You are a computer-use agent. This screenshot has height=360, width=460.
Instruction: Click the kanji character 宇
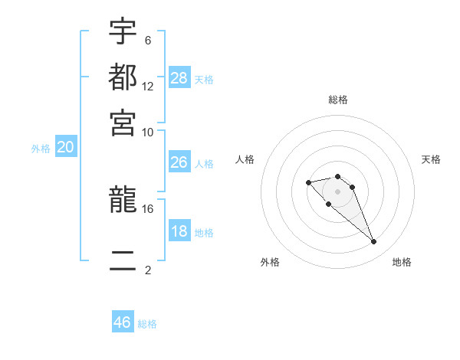(123, 34)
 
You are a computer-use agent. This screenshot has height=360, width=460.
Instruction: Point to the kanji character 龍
(123, 201)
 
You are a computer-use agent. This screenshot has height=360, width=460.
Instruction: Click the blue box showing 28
(179, 77)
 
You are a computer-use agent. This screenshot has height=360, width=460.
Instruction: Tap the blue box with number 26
(179, 162)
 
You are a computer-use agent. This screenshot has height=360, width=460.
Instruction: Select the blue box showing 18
(179, 231)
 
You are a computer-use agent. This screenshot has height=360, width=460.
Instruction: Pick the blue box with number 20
(65, 148)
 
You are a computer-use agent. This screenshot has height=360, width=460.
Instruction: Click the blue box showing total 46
(123, 322)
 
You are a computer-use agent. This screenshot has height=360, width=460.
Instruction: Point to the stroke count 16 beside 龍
(148, 208)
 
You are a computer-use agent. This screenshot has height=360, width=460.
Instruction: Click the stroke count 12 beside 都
(148, 86)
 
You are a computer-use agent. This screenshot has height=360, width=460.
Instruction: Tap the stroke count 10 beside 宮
(148, 132)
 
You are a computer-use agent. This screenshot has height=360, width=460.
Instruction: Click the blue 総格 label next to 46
(147, 324)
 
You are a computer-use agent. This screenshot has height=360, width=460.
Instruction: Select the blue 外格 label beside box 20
(41, 149)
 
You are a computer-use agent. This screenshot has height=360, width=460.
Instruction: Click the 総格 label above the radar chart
(338, 100)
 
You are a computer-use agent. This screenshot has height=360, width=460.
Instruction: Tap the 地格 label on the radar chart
(402, 262)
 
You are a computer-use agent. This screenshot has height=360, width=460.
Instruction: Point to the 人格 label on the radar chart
(245, 159)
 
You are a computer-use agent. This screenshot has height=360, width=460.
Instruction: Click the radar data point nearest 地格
(374, 242)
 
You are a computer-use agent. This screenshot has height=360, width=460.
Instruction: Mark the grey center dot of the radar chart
(337, 191)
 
